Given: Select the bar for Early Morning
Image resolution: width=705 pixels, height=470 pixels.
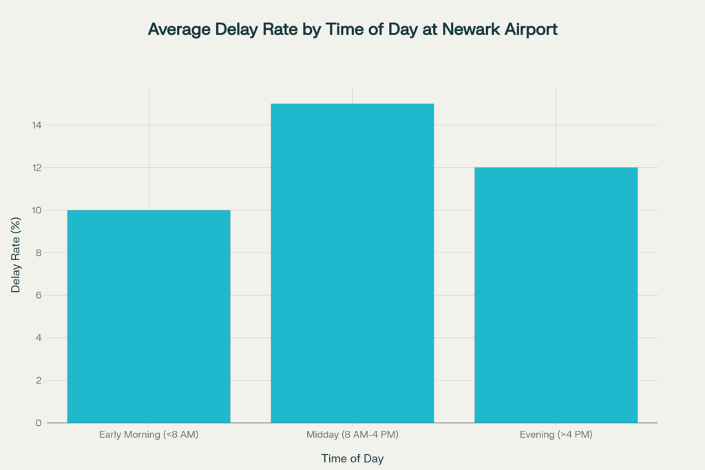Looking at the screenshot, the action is (149, 317).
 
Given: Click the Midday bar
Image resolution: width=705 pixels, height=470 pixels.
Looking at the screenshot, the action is (352, 264).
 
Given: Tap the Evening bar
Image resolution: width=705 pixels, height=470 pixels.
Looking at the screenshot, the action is (556, 295).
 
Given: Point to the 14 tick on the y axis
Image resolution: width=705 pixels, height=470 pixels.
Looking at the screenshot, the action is (37, 125).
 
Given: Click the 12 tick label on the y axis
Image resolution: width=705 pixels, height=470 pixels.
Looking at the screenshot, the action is (37, 168).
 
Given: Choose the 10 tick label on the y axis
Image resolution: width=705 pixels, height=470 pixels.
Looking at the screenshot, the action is (37, 211).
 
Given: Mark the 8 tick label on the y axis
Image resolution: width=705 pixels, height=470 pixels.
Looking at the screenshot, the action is (39, 253).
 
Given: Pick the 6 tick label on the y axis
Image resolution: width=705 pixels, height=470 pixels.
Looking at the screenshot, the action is (39, 295).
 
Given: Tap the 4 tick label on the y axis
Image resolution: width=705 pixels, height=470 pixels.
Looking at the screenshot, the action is (39, 338).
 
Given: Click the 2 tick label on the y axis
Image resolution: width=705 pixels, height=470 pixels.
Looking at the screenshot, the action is (39, 381).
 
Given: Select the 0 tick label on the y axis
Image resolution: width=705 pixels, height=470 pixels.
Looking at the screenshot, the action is (39, 423).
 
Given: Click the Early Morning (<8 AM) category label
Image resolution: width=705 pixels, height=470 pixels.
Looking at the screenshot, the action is (149, 434).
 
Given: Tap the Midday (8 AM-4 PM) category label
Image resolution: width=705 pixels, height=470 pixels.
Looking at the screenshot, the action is (352, 434).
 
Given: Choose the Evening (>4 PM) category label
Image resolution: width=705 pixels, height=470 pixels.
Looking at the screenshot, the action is (556, 434).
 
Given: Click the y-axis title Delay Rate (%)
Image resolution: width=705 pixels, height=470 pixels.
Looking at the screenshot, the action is (16, 255).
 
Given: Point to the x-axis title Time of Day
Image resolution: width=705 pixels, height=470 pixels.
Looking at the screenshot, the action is (352, 458).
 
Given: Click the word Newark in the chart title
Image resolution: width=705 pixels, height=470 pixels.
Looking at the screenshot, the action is (470, 29).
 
